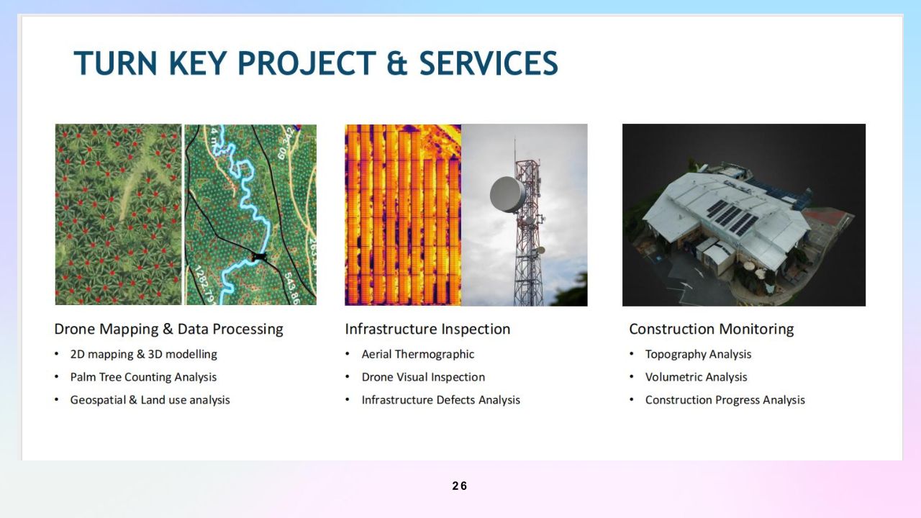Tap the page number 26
tap(460, 486)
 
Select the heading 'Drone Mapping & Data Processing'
tap(168, 329)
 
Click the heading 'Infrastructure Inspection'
tap(427, 329)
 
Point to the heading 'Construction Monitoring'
tap(712, 329)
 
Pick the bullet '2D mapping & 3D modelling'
tap(143, 354)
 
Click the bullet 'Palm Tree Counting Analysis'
tap(143, 377)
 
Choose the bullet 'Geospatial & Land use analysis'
tap(150, 400)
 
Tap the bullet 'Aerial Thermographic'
tap(418, 354)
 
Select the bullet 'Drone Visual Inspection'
tap(423, 377)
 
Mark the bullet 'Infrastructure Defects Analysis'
tap(441, 400)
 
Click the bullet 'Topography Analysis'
tap(698, 354)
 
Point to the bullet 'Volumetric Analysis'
tap(696, 377)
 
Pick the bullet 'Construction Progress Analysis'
tap(725, 400)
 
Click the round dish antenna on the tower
tap(508, 194)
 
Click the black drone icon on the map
tap(259, 257)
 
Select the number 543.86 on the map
tap(291, 288)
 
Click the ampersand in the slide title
tap(396, 63)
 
